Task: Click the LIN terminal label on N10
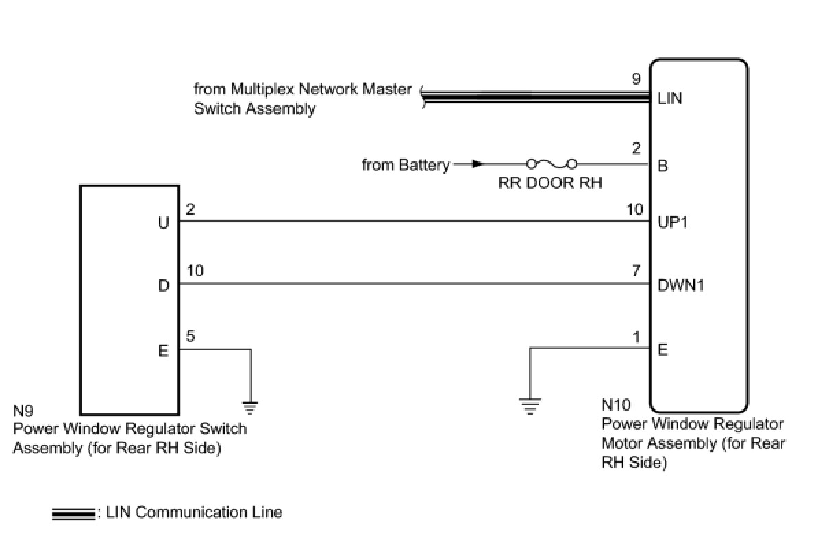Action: coord(669,99)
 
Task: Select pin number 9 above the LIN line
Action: coord(636,80)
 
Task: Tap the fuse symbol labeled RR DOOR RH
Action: coord(552,164)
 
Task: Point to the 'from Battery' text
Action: coord(406,165)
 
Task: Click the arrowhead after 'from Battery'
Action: coord(478,164)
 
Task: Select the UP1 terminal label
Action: coord(672,223)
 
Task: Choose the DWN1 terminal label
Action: coord(681,285)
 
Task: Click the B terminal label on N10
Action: coord(663,166)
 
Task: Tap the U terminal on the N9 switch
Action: coord(163,223)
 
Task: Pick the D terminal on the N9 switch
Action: coord(163,285)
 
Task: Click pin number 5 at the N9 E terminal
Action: coord(190,336)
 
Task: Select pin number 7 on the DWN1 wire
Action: coord(636,272)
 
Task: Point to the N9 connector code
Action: coord(23,411)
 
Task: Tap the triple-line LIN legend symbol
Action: coord(73,514)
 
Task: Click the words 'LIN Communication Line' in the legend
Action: coord(194,513)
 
